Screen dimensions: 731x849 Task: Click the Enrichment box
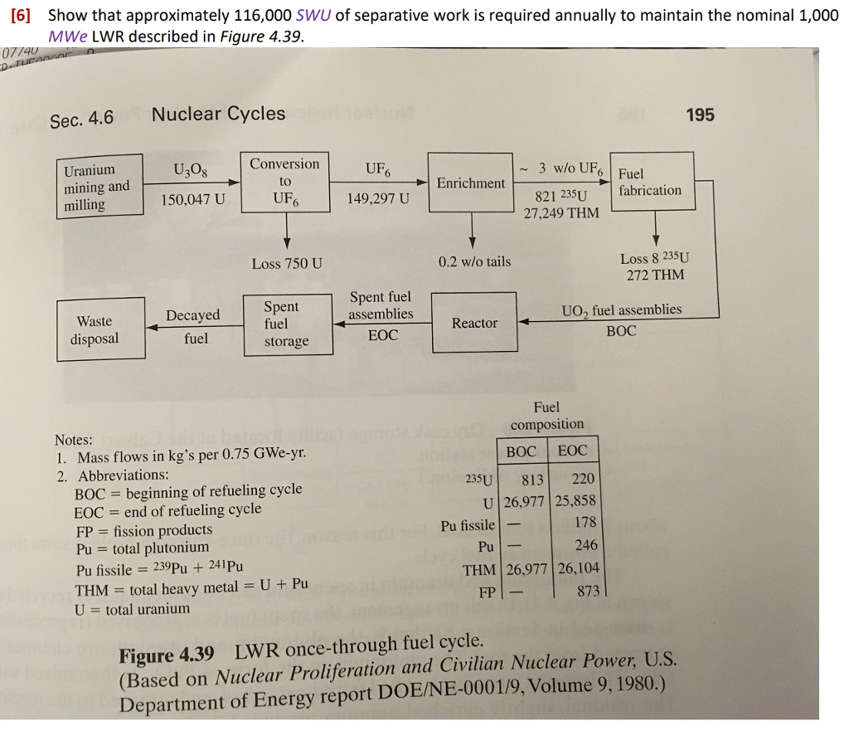point(470,183)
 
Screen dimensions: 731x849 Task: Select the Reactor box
point(473,323)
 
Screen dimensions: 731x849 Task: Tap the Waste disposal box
point(98,329)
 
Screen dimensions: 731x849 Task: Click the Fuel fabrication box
point(649,183)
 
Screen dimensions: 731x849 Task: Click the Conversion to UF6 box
point(285,181)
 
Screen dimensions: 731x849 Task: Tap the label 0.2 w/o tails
point(474,261)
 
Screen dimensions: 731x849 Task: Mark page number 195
point(700,115)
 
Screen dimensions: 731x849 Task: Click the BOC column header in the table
point(521,451)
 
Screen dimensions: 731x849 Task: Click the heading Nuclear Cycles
point(218,114)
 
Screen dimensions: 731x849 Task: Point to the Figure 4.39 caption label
point(167,655)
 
